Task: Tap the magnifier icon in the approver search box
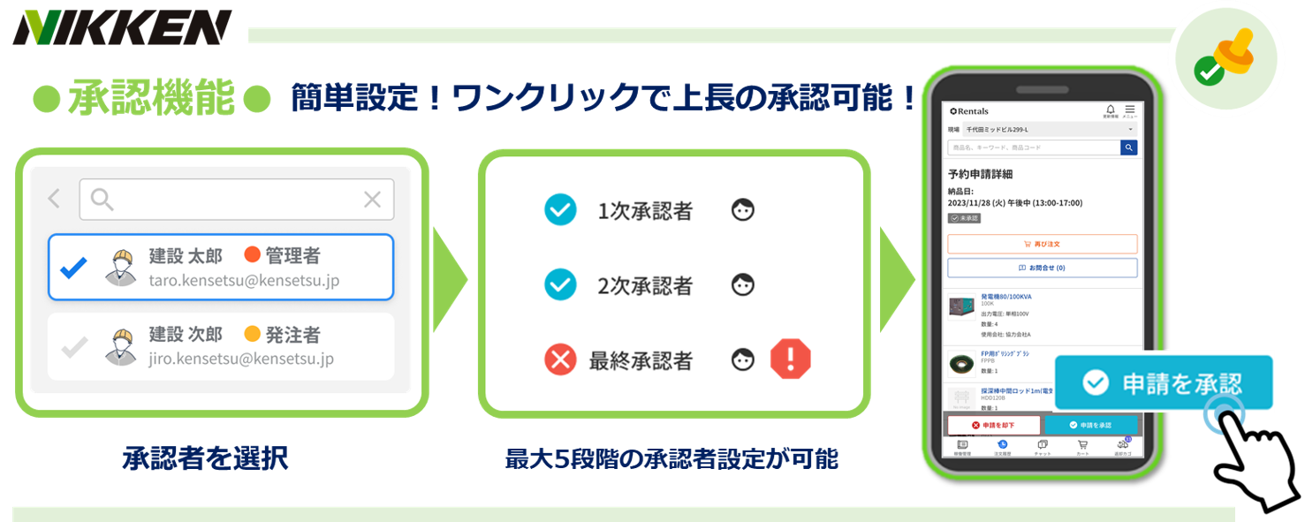(102, 200)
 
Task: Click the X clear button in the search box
(372, 200)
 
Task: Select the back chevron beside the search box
(55, 200)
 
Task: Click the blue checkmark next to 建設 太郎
(73, 268)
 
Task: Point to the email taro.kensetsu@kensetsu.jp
(244, 281)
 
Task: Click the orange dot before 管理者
(252, 255)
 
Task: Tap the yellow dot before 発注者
(252, 334)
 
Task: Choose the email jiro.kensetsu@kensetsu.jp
(241, 359)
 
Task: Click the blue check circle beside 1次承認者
(560, 210)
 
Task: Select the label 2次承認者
(645, 286)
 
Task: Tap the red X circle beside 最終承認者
(560, 359)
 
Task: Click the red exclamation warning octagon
(790, 359)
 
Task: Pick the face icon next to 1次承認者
(743, 210)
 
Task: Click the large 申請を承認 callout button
(1164, 382)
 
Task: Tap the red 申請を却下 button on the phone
(993, 425)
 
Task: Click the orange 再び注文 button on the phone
(1042, 244)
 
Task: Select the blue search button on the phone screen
(1128, 148)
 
